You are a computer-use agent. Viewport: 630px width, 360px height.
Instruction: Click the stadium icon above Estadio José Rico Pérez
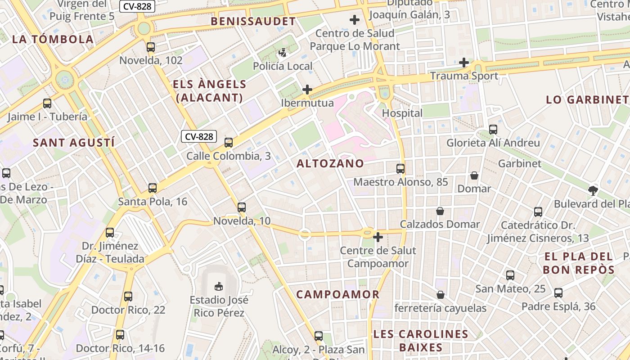pos(218,286)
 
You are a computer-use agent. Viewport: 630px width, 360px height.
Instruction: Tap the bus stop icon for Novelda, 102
pos(151,47)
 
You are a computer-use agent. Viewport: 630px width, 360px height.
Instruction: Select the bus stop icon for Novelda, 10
pos(242,207)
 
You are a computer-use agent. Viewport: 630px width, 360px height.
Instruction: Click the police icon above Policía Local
pos(283,53)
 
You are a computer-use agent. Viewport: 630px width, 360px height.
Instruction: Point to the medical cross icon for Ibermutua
pos(307,90)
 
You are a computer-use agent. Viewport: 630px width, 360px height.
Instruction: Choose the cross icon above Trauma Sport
pos(464,63)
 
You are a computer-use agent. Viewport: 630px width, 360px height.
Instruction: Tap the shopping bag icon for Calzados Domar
pos(440,211)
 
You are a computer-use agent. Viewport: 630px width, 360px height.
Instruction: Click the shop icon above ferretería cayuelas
pos(441,295)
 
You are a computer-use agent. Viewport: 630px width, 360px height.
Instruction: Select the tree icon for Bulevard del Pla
pos(593,190)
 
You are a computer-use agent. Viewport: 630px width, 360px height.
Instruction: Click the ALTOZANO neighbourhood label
pos(330,163)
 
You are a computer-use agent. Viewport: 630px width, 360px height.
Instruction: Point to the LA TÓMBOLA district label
pos(53,39)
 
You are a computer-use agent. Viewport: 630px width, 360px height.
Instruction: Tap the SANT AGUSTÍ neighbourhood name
pos(74,143)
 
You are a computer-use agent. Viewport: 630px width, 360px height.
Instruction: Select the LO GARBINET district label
pos(587,100)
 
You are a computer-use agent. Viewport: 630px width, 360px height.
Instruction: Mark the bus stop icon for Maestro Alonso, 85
pos(400,169)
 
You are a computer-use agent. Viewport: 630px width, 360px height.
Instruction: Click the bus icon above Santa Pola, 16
pos(153,188)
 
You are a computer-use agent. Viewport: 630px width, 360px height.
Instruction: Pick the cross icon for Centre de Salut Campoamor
pos(378,237)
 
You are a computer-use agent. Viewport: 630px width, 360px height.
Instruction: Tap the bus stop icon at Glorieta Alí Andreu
pos(493,130)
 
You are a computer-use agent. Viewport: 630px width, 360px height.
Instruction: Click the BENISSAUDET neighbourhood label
pos(253,21)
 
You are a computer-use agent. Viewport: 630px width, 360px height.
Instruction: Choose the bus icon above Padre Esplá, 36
pos(558,293)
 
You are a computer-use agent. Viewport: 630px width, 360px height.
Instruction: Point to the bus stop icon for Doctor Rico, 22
pos(128,297)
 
